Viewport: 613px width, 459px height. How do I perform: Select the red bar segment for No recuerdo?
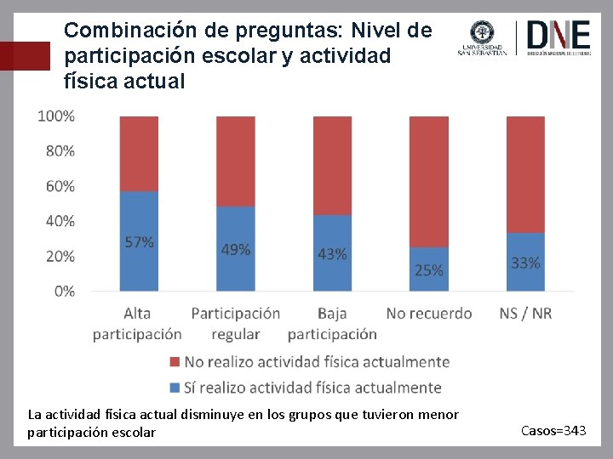[429, 180]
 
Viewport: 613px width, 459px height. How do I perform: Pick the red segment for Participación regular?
[236, 161]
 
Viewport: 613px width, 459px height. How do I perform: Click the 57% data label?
[139, 242]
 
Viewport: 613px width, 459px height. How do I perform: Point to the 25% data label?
[429, 270]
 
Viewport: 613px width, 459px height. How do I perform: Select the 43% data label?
[332, 254]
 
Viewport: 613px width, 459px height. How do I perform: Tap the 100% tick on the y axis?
[56, 116]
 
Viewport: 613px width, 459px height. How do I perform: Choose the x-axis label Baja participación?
[332, 324]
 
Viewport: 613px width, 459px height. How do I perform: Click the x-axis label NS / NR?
[525, 314]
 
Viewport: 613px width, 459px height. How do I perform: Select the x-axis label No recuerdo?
[429, 314]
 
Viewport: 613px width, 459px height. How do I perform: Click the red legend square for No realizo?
[175, 362]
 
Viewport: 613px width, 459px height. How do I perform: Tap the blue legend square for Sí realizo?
[175, 388]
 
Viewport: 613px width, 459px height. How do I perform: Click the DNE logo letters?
[559, 35]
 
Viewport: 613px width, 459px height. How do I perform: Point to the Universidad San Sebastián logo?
[482, 38]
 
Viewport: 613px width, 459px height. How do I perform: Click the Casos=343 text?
[553, 432]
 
